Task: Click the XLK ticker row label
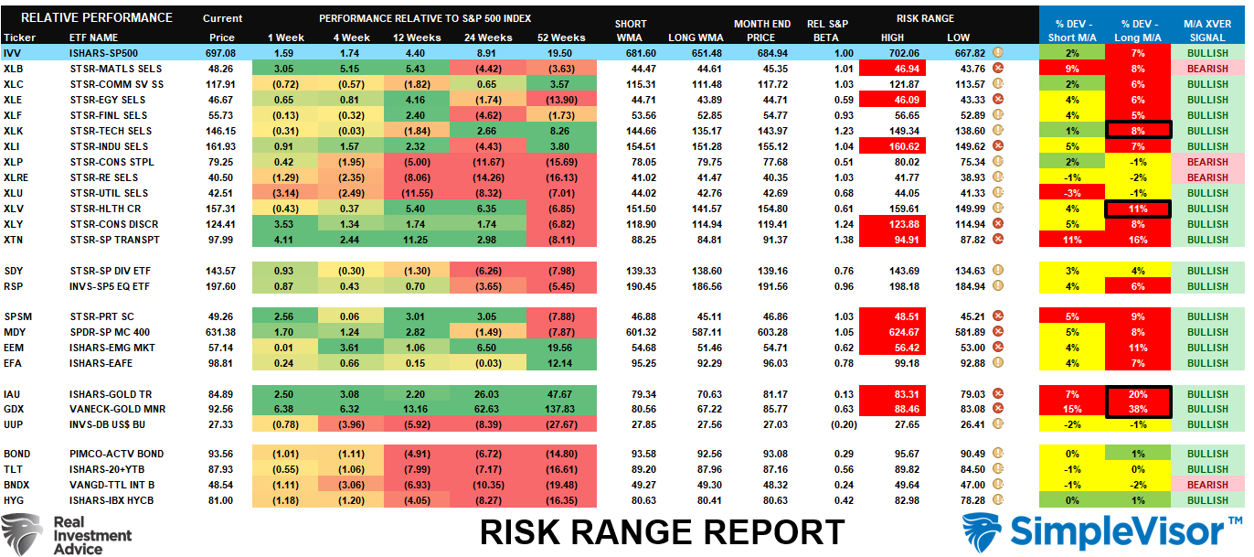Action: coord(14,131)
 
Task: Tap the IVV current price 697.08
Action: coord(222,53)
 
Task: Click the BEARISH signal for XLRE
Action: coord(1208,177)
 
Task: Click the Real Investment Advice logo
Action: coord(66,534)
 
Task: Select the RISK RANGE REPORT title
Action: coord(663,531)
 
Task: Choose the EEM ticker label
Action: coord(15,348)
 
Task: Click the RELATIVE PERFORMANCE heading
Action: coord(96,17)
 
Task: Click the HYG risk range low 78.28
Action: coord(959,500)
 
